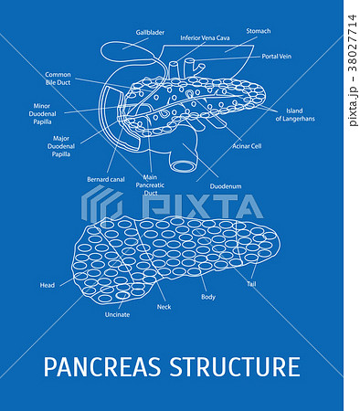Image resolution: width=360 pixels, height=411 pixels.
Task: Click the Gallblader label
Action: [x=150, y=32]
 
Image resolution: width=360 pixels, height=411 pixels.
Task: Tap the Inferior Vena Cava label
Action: [x=205, y=38]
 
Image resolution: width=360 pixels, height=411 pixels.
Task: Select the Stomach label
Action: [x=259, y=31]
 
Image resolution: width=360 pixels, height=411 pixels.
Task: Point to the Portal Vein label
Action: [x=277, y=56]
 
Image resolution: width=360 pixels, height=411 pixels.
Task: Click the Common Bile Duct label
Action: [x=58, y=79]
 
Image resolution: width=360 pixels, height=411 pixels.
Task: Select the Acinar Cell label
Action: [x=247, y=145]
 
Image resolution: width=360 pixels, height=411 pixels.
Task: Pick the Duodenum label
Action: [x=226, y=186]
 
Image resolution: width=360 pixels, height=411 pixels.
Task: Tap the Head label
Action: [x=48, y=285]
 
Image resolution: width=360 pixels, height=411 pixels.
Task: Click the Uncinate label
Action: [x=117, y=314]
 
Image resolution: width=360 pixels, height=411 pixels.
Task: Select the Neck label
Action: [x=164, y=307]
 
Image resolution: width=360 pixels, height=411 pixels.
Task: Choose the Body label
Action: [x=208, y=298]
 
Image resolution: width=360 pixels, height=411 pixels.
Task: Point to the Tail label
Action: [x=251, y=284]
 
